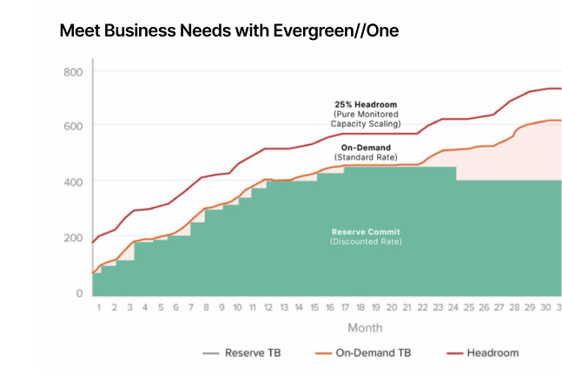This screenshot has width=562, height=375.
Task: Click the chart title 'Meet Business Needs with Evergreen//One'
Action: point(229,30)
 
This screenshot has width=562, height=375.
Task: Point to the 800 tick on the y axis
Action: point(73,71)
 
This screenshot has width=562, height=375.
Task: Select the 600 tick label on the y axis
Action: point(73,126)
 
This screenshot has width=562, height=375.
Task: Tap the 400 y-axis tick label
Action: point(73,181)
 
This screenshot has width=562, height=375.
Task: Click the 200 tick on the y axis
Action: point(73,238)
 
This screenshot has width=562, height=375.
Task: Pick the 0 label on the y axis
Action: point(78,293)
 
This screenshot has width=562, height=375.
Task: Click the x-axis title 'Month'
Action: point(365,328)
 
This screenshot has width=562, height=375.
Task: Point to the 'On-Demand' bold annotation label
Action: point(366,148)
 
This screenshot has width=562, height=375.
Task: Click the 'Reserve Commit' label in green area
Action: point(366,232)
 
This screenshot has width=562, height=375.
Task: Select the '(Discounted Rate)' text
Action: point(366,241)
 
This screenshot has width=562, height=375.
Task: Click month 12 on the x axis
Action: point(268,307)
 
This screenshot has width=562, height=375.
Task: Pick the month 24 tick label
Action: point(453,307)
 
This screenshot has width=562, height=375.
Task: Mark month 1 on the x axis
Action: point(99,307)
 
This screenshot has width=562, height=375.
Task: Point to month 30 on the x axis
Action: point(545,307)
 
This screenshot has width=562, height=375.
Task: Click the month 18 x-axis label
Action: point(361,307)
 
